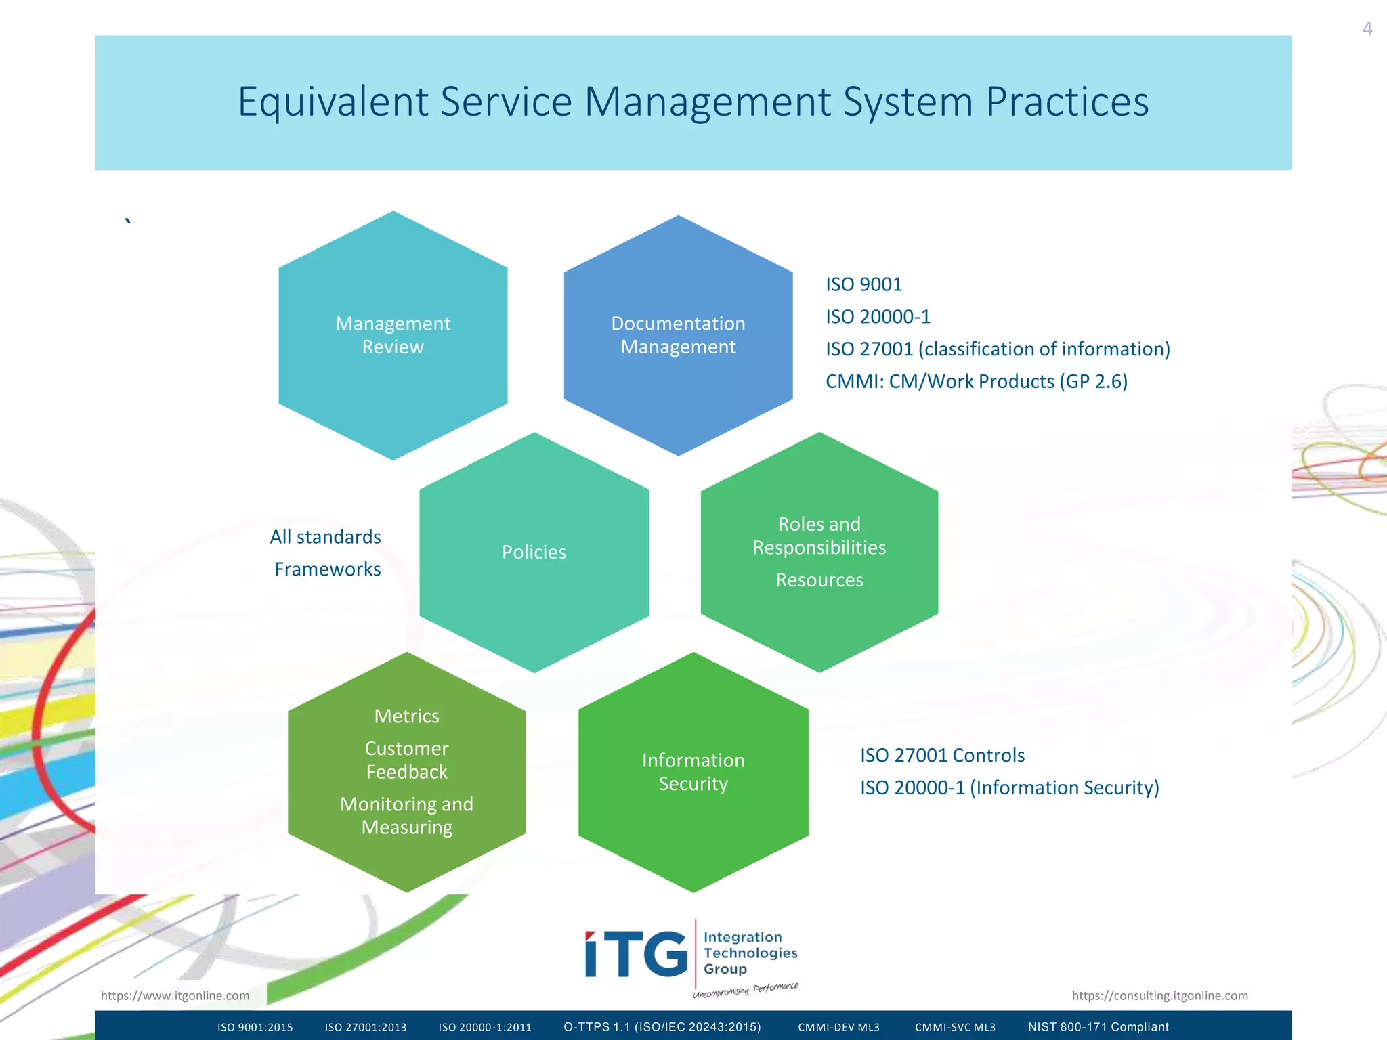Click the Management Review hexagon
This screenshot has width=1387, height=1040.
click(393, 335)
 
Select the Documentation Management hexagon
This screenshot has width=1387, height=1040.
click(678, 335)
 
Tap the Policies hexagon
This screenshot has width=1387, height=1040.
click(534, 552)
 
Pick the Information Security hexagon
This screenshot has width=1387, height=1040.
click(693, 772)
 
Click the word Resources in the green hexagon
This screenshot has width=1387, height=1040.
click(819, 580)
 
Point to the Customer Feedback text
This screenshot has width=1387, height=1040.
click(406, 760)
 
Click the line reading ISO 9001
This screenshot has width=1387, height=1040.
click(863, 284)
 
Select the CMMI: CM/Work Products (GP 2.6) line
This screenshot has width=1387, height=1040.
click(976, 381)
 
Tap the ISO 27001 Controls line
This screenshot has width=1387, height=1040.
click(942, 755)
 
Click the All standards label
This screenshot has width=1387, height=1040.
click(325, 537)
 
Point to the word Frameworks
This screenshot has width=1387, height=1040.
click(327, 569)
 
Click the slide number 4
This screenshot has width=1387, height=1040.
click(1367, 29)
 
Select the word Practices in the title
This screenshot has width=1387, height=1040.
click(1067, 102)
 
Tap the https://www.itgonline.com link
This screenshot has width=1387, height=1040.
click(175, 995)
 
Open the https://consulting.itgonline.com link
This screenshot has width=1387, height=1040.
click(1159, 995)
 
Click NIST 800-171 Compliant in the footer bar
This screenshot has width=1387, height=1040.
click(1098, 1027)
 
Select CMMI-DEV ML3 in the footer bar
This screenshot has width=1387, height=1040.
click(838, 1027)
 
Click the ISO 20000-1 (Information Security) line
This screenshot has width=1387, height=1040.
click(1009, 787)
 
